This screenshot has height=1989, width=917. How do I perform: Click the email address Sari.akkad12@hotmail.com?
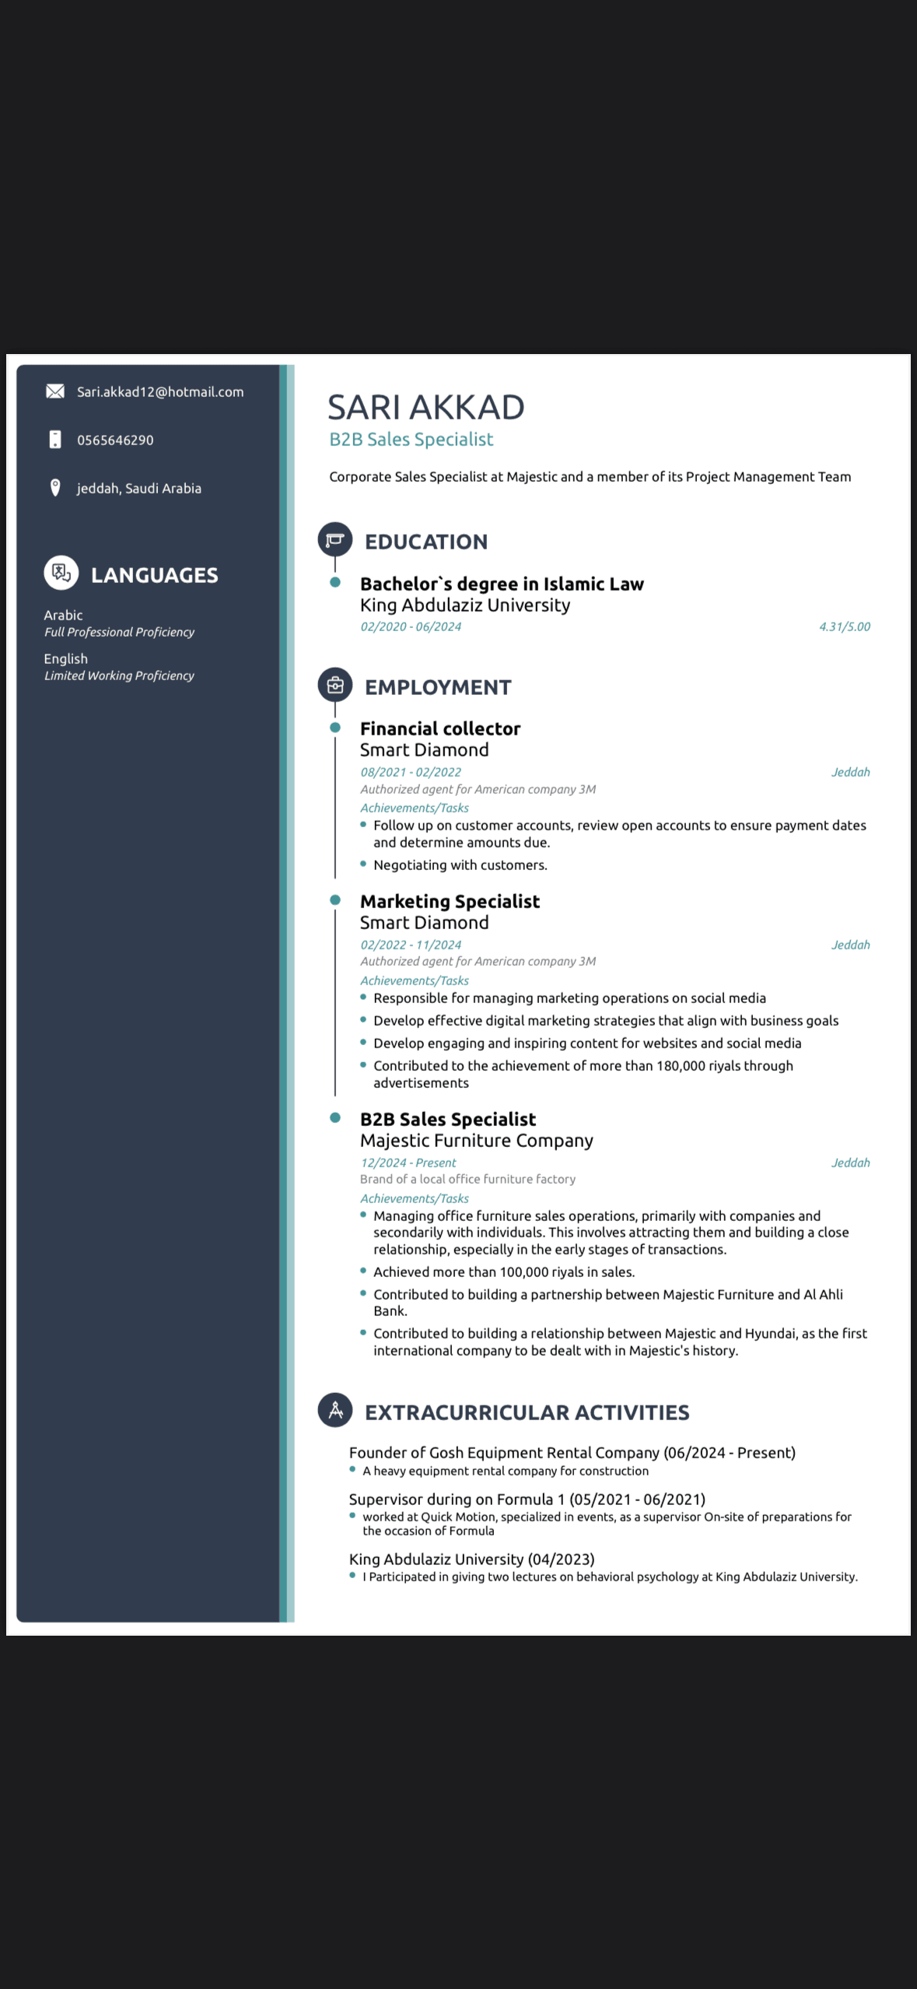(x=159, y=392)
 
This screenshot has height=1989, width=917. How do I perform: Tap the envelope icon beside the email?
(x=55, y=391)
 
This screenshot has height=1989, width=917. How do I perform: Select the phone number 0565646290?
(x=115, y=440)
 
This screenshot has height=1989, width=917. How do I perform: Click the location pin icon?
(x=55, y=488)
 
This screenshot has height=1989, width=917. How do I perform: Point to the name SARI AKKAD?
(x=425, y=407)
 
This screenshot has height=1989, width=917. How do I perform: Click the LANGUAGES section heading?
(x=154, y=575)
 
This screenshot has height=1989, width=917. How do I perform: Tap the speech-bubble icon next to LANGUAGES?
(x=61, y=574)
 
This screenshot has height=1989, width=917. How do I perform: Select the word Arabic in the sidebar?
(x=63, y=615)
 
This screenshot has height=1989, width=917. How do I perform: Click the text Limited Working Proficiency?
(x=119, y=675)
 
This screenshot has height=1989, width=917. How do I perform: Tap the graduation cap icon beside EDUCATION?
(x=335, y=539)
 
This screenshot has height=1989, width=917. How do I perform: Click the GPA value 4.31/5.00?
(x=844, y=626)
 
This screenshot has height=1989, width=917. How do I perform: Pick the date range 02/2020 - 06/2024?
(x=410, y=626)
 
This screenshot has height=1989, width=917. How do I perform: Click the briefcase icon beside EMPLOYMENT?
(x=335, y=686)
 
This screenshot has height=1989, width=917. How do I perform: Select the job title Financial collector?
(x=439, y=728)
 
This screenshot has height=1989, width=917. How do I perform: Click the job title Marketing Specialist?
(x=450, y=901)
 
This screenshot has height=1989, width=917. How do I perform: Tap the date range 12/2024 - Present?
(x=408, y=1163)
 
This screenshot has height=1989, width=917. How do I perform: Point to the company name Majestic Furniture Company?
(x=476, y=1141)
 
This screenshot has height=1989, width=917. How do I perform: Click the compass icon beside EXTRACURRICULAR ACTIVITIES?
(x=335, y=1410)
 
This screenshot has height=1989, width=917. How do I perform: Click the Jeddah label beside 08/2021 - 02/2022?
(x=850, y=772)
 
